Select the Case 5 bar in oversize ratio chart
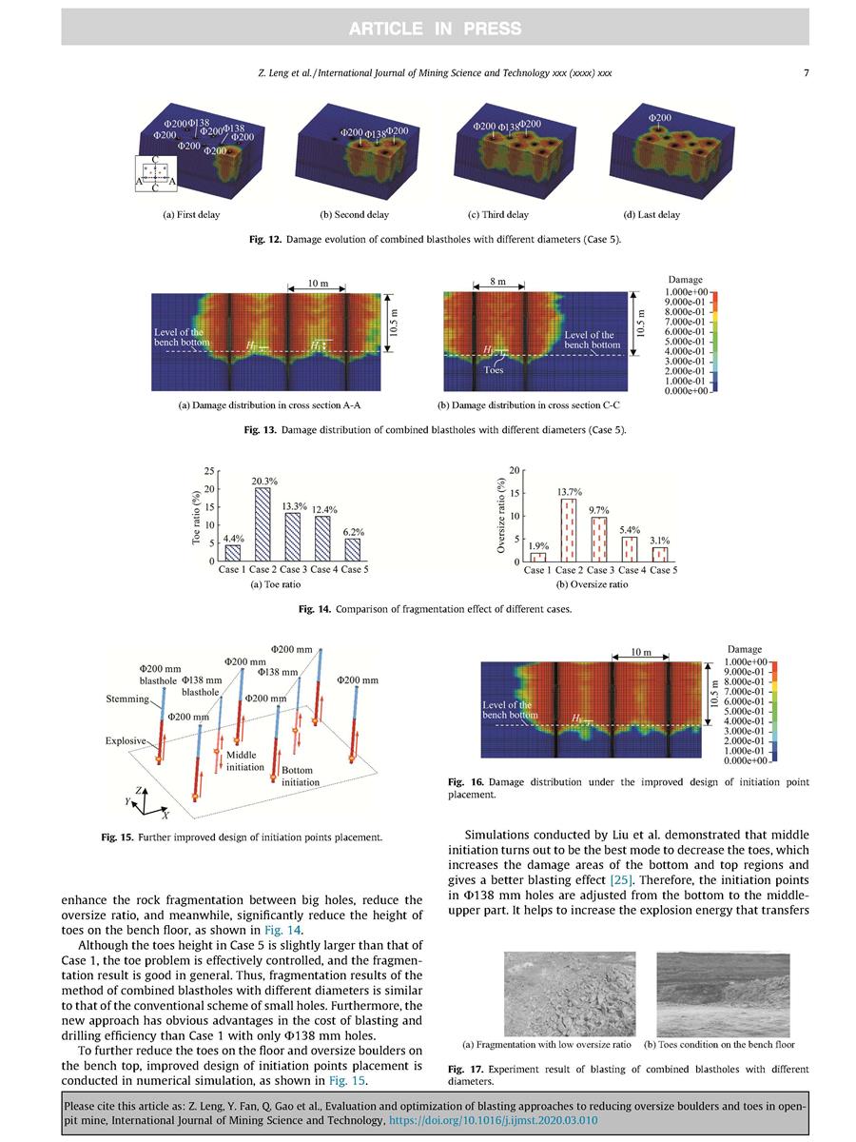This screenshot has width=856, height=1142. coord(660,554)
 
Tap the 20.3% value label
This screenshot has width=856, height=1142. coord(264,482)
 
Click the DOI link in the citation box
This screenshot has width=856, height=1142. coord(496,1121)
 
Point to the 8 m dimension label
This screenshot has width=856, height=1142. coord(497,282)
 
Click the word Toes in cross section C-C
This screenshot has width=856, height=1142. coord(494,371)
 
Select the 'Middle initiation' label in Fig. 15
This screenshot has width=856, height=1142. coord(245,760)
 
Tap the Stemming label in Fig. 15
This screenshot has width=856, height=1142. coord(126,699)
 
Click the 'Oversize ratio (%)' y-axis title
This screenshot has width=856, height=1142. coord(501,517)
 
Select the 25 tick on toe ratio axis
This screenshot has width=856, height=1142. coord(208,472)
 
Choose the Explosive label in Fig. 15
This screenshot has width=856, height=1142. coord(126,739)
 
